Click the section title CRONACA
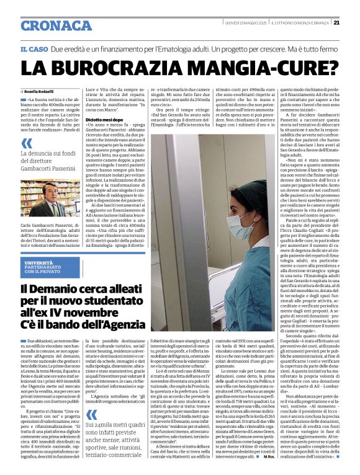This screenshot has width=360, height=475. (x=56, y=25)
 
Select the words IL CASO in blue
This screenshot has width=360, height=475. (x=35, y=48)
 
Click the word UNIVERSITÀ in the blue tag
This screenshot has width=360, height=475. (x=38, y=264)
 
